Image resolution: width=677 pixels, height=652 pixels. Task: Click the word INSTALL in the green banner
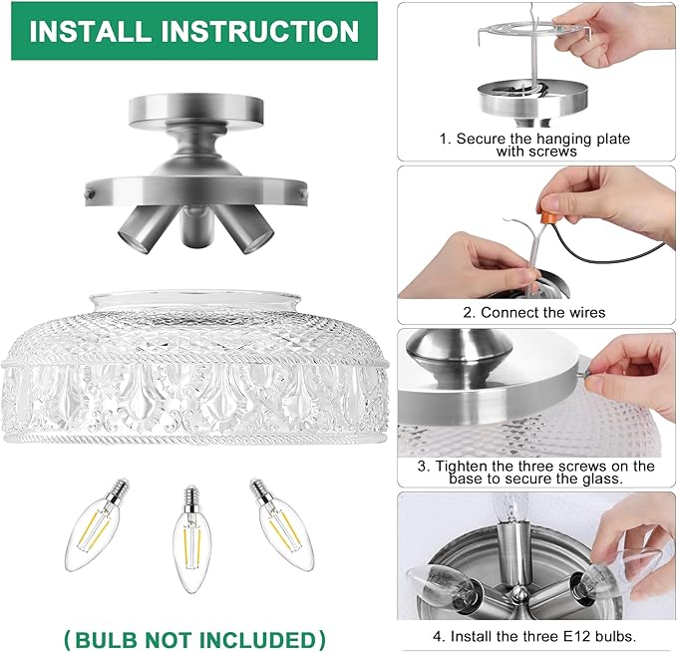click(x=88, y=31)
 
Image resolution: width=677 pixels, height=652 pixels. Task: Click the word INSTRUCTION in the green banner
click(x=260, y=31)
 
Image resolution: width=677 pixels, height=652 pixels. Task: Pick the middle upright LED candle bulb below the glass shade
click(x=192, y=539)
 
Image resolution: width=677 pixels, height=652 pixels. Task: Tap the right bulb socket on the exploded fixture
click(x=246, y=229)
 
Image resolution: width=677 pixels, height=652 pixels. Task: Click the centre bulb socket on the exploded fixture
click(x=196, y=226)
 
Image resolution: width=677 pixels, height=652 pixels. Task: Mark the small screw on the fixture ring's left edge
click(x=90, y=194)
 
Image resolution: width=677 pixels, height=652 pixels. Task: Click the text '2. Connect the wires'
click(x=534, y=312)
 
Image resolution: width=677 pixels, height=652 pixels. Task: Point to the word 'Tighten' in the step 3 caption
click(x=461, y=466)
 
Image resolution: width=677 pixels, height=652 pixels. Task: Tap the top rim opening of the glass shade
click(x=194, y=297)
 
